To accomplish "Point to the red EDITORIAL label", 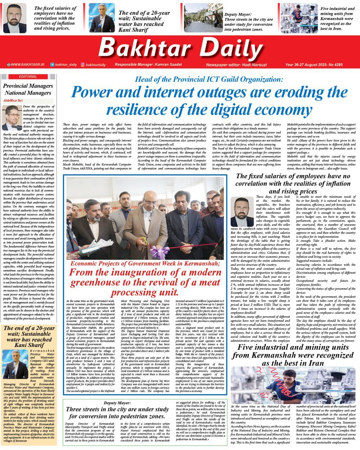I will (x=28, y=77).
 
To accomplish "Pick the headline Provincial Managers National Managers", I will (x=28, y=89).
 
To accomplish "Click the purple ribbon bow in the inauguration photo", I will (x=155, y=252).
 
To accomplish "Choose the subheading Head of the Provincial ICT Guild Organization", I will (x=209, y=79).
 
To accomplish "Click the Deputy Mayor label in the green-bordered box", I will (x=117, y=403).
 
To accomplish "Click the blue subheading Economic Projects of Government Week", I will (x=145, y=264).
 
